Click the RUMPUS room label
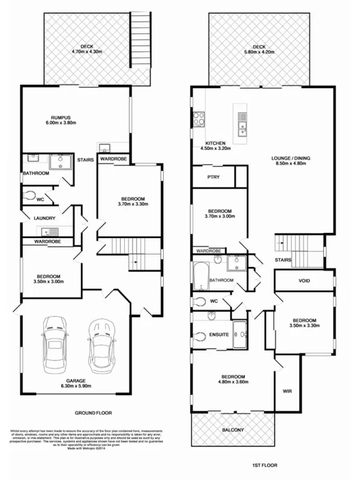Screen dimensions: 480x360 [x=61, y=117]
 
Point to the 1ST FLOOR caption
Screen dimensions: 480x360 [x=263, y=465]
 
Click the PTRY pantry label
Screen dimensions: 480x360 [x=212, y=177]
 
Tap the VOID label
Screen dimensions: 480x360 [x=304, y=280]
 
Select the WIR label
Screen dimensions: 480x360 [x=287, y=391]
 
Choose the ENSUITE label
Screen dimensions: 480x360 [x=218, y=335]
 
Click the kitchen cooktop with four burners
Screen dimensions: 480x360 [x=199, y=118]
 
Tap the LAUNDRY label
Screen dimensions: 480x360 [x=45, y=218]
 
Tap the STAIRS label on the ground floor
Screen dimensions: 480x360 [x=83, y=160]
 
